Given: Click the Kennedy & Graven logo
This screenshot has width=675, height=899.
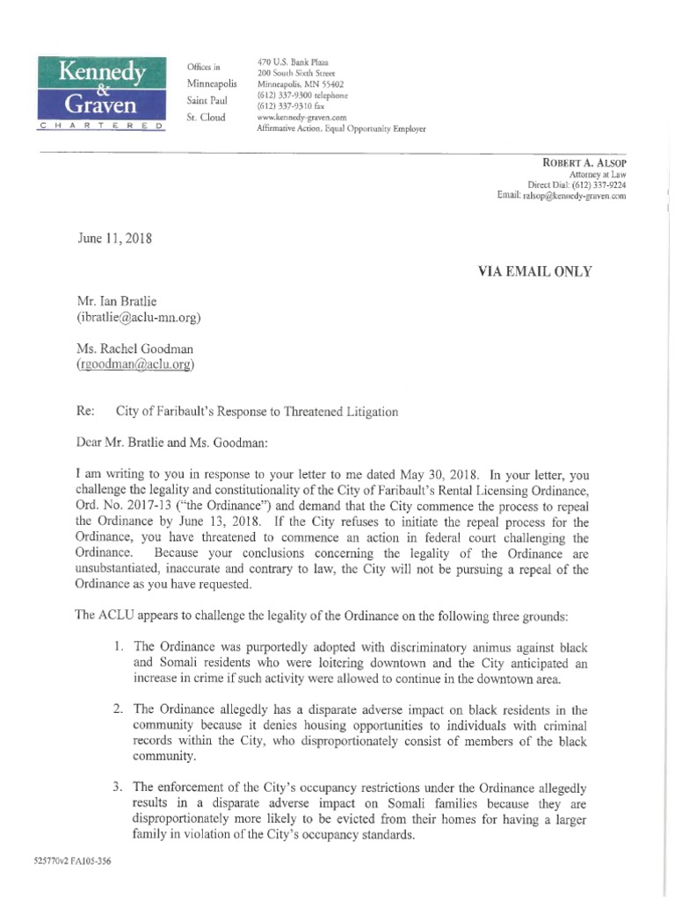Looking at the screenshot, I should point(100,89).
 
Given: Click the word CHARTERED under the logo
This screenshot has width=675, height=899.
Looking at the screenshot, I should point(100,128).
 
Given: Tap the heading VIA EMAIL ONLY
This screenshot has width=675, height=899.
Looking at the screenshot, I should point(533,271).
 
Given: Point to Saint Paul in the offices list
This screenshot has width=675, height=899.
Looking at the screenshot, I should point(207,100).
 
